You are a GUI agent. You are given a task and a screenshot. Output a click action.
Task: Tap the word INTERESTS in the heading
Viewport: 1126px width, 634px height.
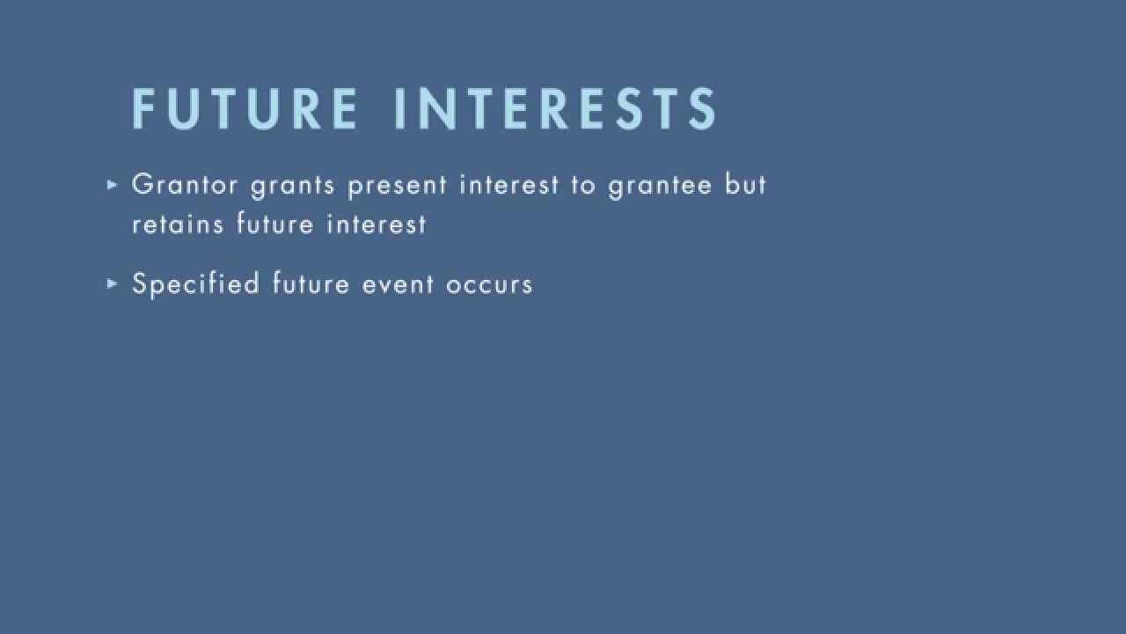pos(556,109)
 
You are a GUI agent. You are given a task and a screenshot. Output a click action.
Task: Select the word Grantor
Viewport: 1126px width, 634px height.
pos(185,185)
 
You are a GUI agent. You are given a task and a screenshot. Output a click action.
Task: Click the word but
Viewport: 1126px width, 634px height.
pos(746,185)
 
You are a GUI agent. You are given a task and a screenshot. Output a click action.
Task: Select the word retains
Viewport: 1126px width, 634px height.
pos(179,225)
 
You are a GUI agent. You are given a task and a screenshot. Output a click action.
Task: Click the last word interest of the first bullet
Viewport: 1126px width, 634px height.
pos(377,225)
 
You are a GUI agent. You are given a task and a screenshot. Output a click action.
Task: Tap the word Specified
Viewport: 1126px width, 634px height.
pos(195,284)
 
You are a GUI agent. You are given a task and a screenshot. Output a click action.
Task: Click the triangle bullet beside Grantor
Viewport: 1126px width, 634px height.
pos(112,185)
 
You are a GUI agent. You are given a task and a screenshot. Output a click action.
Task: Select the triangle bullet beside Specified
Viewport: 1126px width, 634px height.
pos(112,284)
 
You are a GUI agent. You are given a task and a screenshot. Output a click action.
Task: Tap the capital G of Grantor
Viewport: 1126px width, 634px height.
pos(141,185)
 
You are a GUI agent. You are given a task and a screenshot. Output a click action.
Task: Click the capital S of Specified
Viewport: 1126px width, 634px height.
pos(139,284)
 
